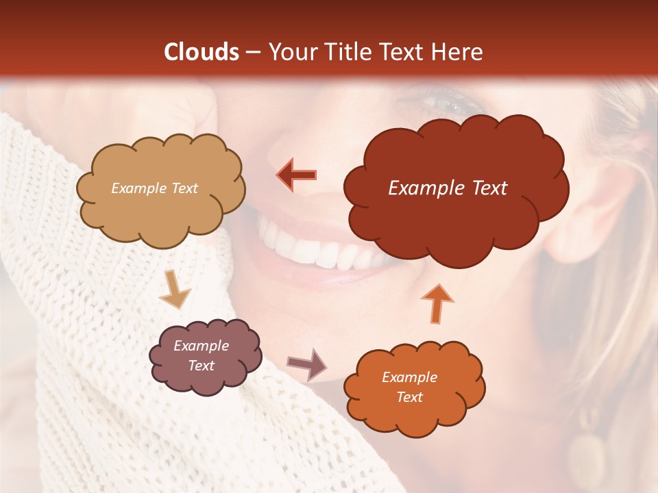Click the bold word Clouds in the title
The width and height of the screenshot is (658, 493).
point(202,52)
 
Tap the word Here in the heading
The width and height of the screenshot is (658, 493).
point(457,52)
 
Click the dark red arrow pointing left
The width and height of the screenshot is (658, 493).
point(297,175)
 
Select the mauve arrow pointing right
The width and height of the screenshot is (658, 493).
point(308,364)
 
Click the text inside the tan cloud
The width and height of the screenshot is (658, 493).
point(154,188)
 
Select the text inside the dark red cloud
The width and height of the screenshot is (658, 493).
point(448,188)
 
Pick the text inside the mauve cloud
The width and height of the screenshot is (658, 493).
point(202,355)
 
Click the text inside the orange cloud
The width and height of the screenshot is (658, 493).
point(410,387)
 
